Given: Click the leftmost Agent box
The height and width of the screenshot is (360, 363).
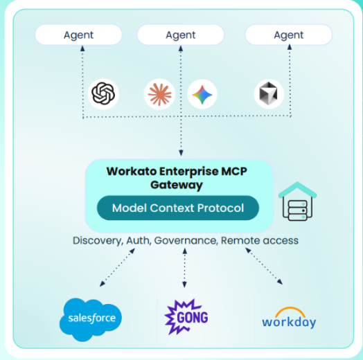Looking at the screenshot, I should (78, 35).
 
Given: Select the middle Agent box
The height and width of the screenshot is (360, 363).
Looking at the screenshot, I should (181, 35).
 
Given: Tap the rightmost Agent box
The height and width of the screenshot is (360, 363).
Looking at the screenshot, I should (288, 35).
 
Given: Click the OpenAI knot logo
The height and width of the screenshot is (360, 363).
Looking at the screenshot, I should (104, 93).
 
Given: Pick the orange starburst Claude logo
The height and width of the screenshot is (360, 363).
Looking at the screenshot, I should (159, 93).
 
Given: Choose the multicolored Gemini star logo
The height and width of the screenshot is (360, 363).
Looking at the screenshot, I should (202, 93).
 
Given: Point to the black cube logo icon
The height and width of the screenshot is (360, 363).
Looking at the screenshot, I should (267, 93).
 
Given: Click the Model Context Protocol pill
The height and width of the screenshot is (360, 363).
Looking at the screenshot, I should (178, 208).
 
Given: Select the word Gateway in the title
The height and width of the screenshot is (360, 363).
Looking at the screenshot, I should (176, 185).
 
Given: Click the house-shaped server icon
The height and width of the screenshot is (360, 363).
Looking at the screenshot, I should (297, 200).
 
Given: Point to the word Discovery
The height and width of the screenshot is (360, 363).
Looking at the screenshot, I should (96, 240).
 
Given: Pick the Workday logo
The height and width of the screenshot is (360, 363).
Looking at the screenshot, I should (289, 319).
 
